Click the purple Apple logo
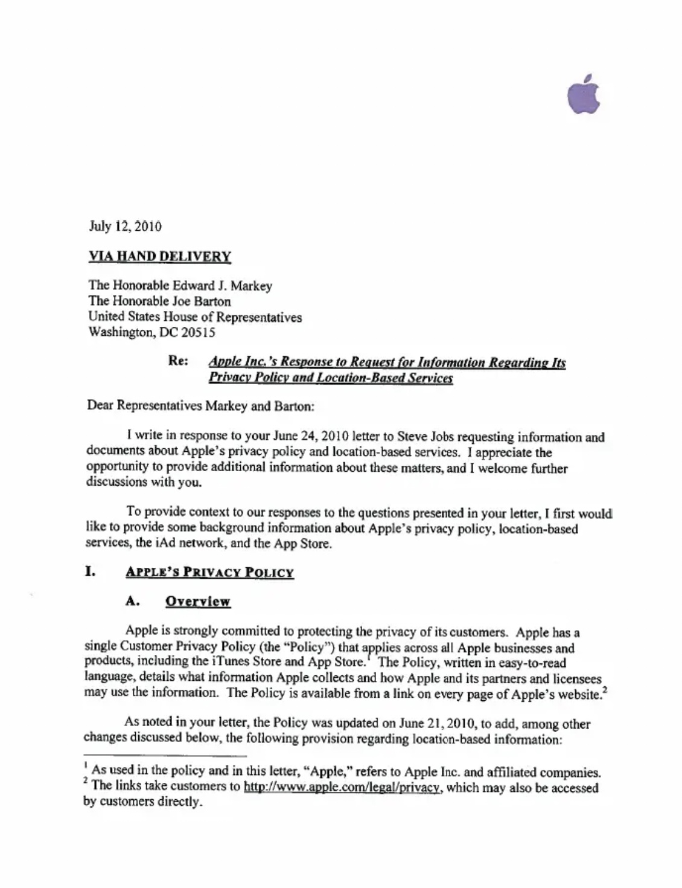(584, 95)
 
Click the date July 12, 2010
(125, 227)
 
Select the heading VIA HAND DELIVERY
(159, 256)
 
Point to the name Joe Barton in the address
(202, 301)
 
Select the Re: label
(177, 361)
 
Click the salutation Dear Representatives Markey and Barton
(200, 405)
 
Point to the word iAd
(148, 542)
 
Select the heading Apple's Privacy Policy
(209, 572)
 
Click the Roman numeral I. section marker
(90, 571)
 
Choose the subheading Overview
(197, 602)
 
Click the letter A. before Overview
(133, 601)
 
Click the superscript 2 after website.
(604, 690)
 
